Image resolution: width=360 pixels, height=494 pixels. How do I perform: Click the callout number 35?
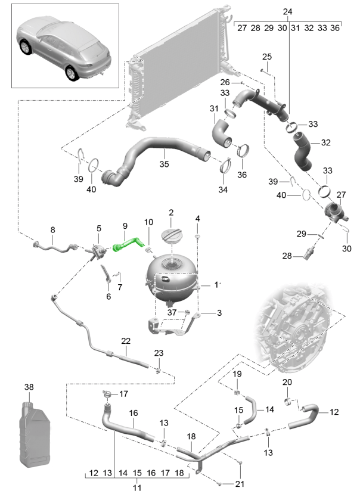point(162,161)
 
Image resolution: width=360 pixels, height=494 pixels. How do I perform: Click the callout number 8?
point(52,230)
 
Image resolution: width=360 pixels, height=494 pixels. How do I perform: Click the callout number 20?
point(287,382)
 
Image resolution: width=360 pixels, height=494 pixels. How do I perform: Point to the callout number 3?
point(219,312)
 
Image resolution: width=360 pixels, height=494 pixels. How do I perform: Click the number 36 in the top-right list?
point(334,28)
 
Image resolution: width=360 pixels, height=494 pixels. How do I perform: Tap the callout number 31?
point(213,108)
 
